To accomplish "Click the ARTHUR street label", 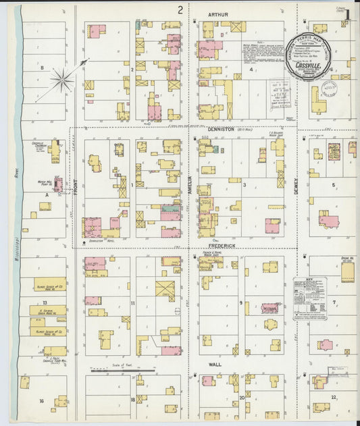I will coord(218,14).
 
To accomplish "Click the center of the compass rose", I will coord(62,81).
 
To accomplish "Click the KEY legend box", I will coord(310,298).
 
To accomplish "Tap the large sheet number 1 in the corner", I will coord(347,14).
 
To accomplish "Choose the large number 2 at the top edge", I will coord(180,9).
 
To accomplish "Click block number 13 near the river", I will coord(45,303).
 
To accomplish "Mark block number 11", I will coord(133,303).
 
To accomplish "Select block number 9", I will coord(240,303).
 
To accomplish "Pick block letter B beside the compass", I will coord(41,68).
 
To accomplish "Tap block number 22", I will coord(334,398).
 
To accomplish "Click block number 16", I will coord(41,401).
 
